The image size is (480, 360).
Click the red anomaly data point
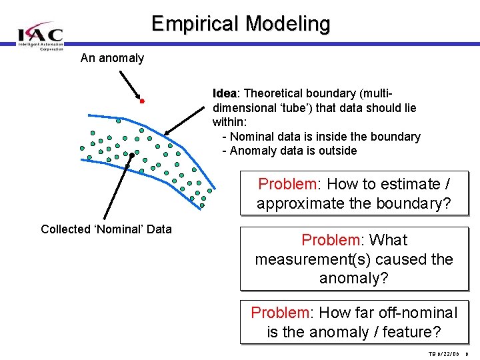142,101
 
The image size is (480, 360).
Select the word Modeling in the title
288,24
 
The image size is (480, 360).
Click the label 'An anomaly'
112,58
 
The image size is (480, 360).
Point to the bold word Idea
224,93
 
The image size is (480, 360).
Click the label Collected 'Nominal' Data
106,229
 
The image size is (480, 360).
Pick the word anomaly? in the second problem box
354,278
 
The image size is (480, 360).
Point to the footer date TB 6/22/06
445,354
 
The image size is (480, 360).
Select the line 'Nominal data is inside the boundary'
321,137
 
